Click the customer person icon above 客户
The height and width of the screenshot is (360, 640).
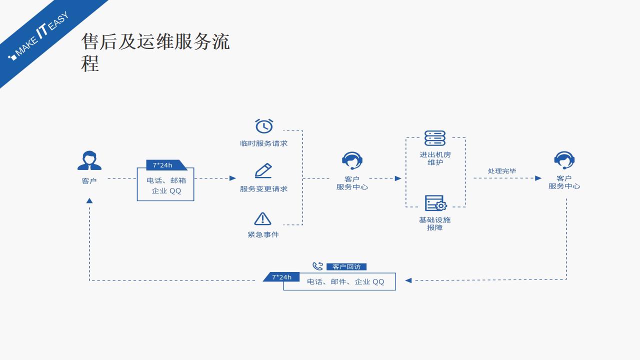pos(89,160)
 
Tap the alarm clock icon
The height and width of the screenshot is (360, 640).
pos(264,126)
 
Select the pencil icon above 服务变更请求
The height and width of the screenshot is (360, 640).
pos(263,170)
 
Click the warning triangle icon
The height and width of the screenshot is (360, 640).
pos(262,218)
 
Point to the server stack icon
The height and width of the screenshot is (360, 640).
pos(435,138)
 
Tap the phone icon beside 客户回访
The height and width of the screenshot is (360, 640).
pos(318,266)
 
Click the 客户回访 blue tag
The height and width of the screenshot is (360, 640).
pos(349,267)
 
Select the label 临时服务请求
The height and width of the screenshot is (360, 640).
pos(264,143)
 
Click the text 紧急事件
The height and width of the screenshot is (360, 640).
pos(263,234)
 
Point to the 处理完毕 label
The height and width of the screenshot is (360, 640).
pos(502,171)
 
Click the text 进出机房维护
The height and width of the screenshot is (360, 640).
pos(435,158)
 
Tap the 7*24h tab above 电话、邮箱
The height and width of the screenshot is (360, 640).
pos(163,165)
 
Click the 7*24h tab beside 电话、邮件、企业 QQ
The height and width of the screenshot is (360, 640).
pos(281,277)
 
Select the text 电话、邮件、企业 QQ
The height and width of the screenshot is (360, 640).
pos(345,282)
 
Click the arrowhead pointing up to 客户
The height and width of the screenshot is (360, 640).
pos(89,200)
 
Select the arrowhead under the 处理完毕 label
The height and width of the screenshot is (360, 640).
pos(538,178)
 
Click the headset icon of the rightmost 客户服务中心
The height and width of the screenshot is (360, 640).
pos(564,160)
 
